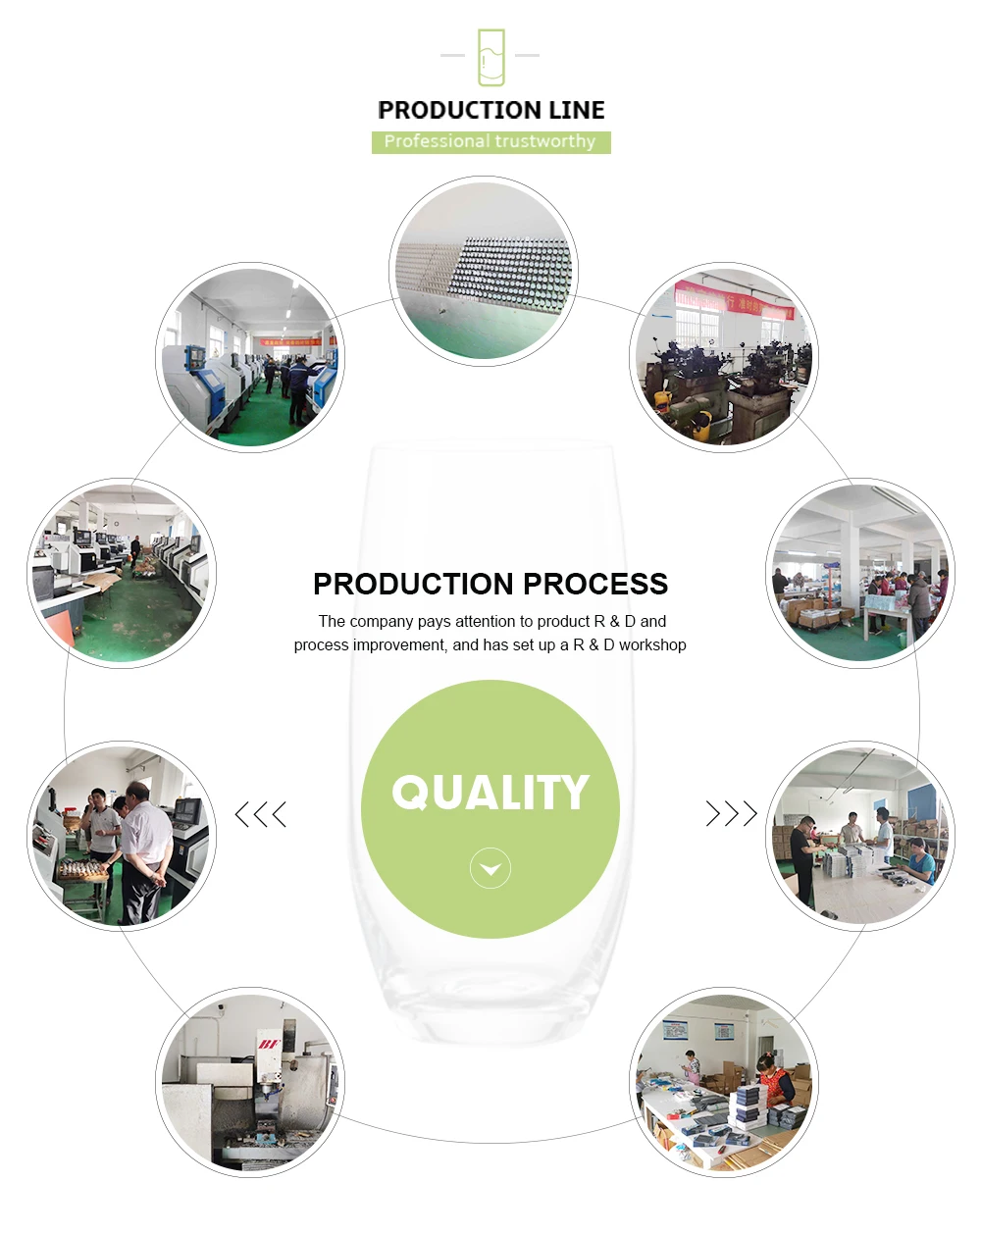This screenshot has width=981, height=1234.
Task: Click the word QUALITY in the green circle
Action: [x=490, y=793]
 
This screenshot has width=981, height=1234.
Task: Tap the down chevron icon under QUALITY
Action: [x=490, y=869]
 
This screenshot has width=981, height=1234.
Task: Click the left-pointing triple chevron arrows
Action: [x=261, y=814]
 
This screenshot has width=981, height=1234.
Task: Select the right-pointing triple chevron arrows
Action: [x=732, y=814]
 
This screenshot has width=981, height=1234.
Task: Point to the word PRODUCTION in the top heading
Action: [x=457, y=110]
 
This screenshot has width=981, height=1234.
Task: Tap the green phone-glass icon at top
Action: [x=490, y=57]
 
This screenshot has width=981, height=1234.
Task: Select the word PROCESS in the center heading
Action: [x=594, y=584]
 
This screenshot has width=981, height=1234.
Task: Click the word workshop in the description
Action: [x=652, y=645]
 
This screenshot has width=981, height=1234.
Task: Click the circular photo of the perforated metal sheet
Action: [x=485, y=271]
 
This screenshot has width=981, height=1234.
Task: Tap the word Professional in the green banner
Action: [x=424, y=142]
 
